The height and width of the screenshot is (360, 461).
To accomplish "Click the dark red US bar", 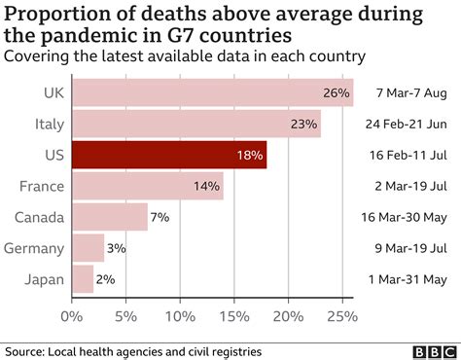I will pos(168,155).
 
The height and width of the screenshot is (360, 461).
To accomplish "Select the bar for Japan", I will pos(83,279).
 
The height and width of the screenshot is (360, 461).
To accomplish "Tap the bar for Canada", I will pos(109,217).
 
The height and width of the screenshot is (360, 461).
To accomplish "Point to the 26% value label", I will pos(336,93).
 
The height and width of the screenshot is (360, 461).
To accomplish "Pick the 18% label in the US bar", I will pos(249,156).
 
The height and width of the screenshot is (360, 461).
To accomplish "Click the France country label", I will pos(41,186).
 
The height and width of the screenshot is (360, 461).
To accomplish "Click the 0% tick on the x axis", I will pos(72,316).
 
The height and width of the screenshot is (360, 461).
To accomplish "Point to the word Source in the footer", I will pos(28,348).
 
